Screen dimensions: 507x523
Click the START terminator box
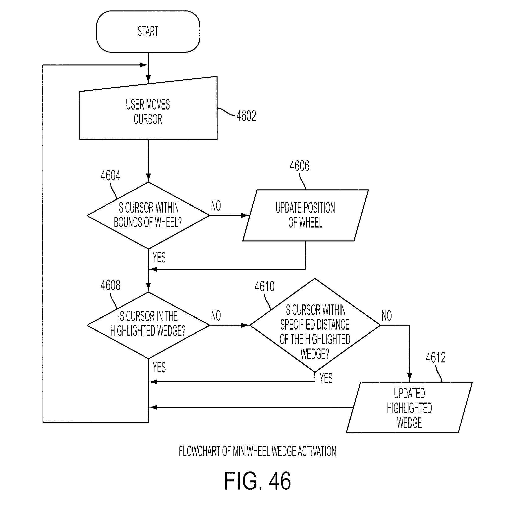coord(148,31)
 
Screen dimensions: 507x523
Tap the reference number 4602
coord(246,116)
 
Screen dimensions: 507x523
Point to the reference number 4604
coord(110,175)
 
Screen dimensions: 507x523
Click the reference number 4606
coord(299,166)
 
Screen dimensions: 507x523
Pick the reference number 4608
coord(110,286)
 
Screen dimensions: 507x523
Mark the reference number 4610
coord(264,287)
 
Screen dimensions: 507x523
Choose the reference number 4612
coord(436,357)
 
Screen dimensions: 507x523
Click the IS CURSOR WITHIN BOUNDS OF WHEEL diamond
coord(148,215)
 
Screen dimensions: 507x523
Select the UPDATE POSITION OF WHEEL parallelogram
coord(306,215)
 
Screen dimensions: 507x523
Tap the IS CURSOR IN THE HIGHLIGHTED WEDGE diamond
coord(148,325)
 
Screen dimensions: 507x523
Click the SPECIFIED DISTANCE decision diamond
coord(315,325)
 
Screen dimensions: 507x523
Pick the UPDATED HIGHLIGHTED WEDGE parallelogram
coord(409,407)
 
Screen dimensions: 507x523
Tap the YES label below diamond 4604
coord(159,257)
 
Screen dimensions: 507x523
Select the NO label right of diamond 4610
coord(387,316)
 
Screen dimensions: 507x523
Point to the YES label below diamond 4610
coord(326,378)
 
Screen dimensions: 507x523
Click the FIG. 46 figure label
coord(258,481)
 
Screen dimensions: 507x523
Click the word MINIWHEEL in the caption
coord(251,451)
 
